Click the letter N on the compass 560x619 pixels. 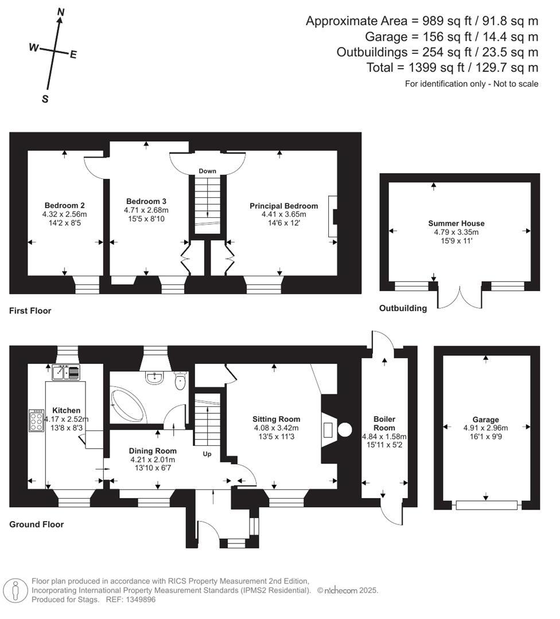61,11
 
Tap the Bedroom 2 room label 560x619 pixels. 65,205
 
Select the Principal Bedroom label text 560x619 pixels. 283,206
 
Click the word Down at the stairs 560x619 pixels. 207,171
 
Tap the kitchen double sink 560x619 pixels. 68,373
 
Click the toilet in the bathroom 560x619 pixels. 180,380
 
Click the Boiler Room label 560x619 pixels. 384,424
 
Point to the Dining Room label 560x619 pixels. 152,451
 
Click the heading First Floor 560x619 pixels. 30,311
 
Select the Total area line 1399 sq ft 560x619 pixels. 452,68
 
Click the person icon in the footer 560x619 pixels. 16,590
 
